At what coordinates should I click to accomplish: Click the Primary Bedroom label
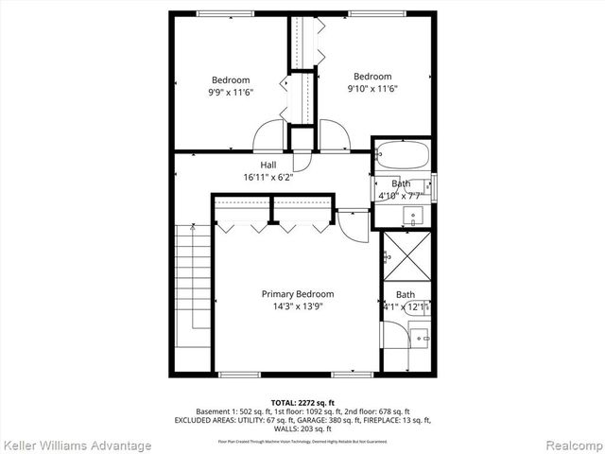[298, 294]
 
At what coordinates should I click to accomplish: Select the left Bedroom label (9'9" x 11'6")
[231, 79]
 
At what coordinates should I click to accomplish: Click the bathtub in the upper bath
[402, 154]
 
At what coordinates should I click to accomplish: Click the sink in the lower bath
[421, 335]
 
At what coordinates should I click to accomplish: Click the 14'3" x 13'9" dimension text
[298, 306]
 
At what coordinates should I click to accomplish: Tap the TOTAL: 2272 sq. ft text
[302, 402]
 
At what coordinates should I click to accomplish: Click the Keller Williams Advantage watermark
[78, 445]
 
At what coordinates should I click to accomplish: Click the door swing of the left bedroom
[268, 137]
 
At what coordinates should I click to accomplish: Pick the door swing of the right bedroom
[334, 137]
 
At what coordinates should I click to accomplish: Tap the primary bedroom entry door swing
[352, 223]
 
